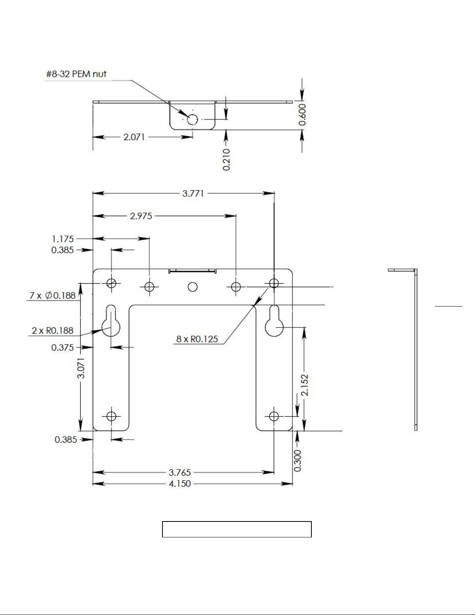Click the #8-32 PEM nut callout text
pyautogui.click(x=76, y=74)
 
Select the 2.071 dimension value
pyautogui.click(x=134, y=137)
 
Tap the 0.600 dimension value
pyautogui.click(x=302, y=114)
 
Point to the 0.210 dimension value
pyautogui.click(x=226, y=159)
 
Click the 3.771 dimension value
pyautogui.click(x=193, y=194)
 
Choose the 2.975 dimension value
pyautogui.click(x=141, y=216)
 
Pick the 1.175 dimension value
pyautogui.click(x=63, y=239)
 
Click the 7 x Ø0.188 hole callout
pyautogui.click(x=53, y=296)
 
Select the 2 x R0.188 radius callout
pyautogui.click(x=52, y=331)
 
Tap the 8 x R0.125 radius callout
pyautogui.click(x=197, y=339)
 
